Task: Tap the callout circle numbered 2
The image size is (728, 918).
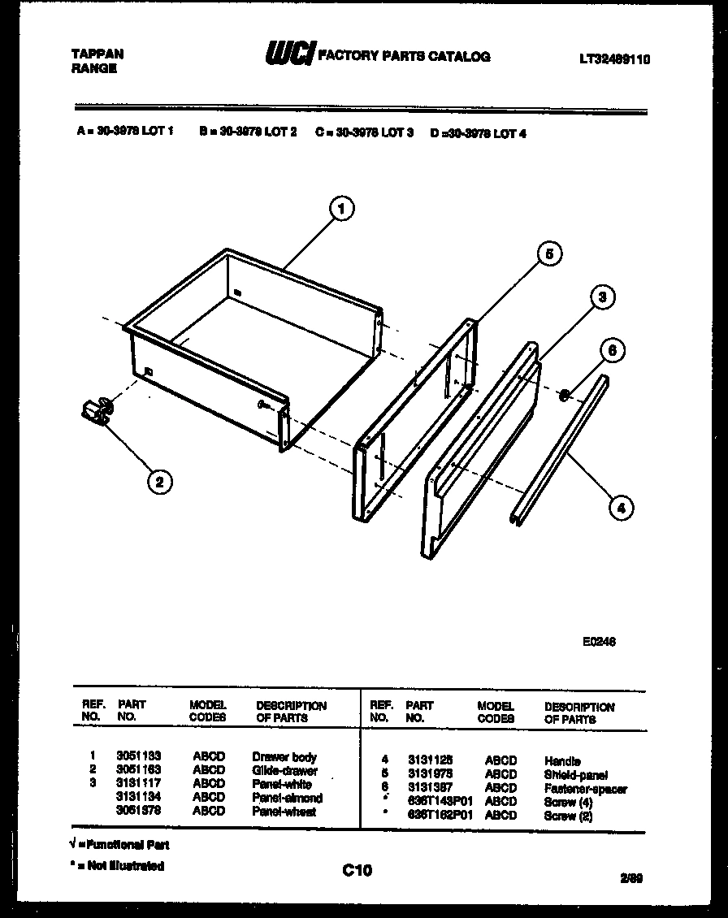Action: click(x=159, y=482)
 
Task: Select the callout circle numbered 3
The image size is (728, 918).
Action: click(x=601, y=297)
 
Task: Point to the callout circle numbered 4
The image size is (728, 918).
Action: click(x=621, y=509)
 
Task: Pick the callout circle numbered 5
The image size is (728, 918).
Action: click(x=549, y=254)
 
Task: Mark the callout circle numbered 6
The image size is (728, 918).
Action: click(x=613, y=351)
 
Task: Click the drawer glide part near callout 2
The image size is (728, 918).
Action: click(x=97, y=410)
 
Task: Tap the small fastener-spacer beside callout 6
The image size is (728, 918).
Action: click(x=563, y=396)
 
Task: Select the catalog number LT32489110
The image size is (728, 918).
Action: click(x=614, y=58)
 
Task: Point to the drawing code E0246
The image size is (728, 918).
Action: click(x=599, y=640)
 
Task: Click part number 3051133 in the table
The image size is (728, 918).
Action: click(x=139, y=756)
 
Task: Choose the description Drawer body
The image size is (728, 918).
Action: click(x=284, y=756)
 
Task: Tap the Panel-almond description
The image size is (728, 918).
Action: click(x=287, y=798)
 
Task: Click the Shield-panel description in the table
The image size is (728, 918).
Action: click(x=576, y=775)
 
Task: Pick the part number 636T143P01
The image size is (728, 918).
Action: click(x=440, y=802)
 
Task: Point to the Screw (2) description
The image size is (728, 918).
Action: click(x=568, y=816)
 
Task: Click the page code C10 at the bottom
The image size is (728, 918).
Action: click(x=357, y=871)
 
